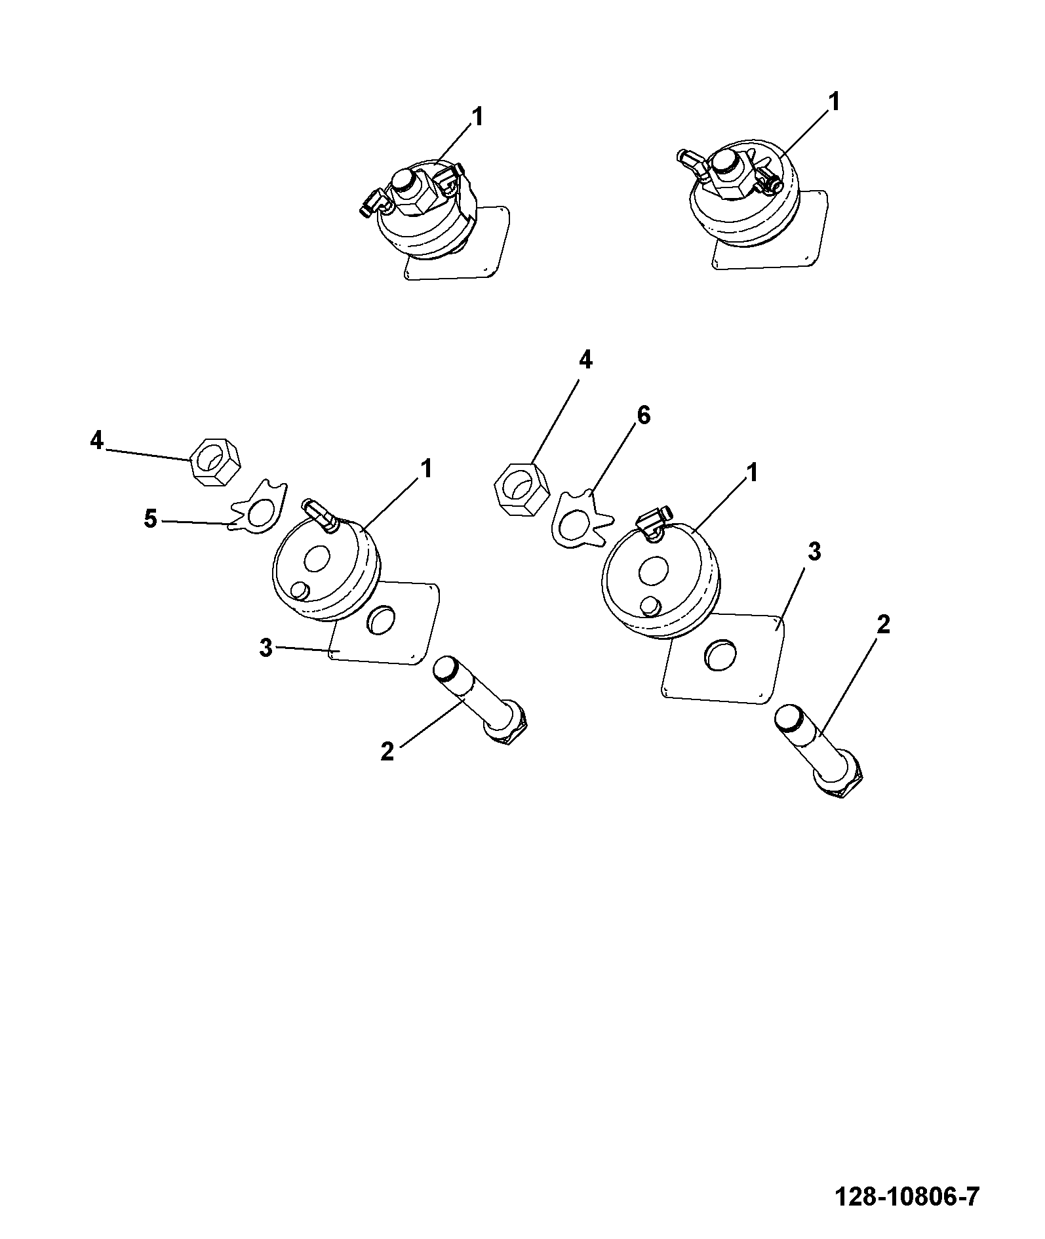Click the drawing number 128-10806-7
click(907, 1197)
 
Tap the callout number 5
click(151, 520)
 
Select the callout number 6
click(644, 415)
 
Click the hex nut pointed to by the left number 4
click(215, 462)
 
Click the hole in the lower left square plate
click(382, 621)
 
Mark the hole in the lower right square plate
click(720, 655)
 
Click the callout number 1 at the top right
click(834, 103)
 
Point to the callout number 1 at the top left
click(477, 117)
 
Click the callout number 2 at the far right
click(883, 625)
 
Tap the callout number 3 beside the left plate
click(266, 648)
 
